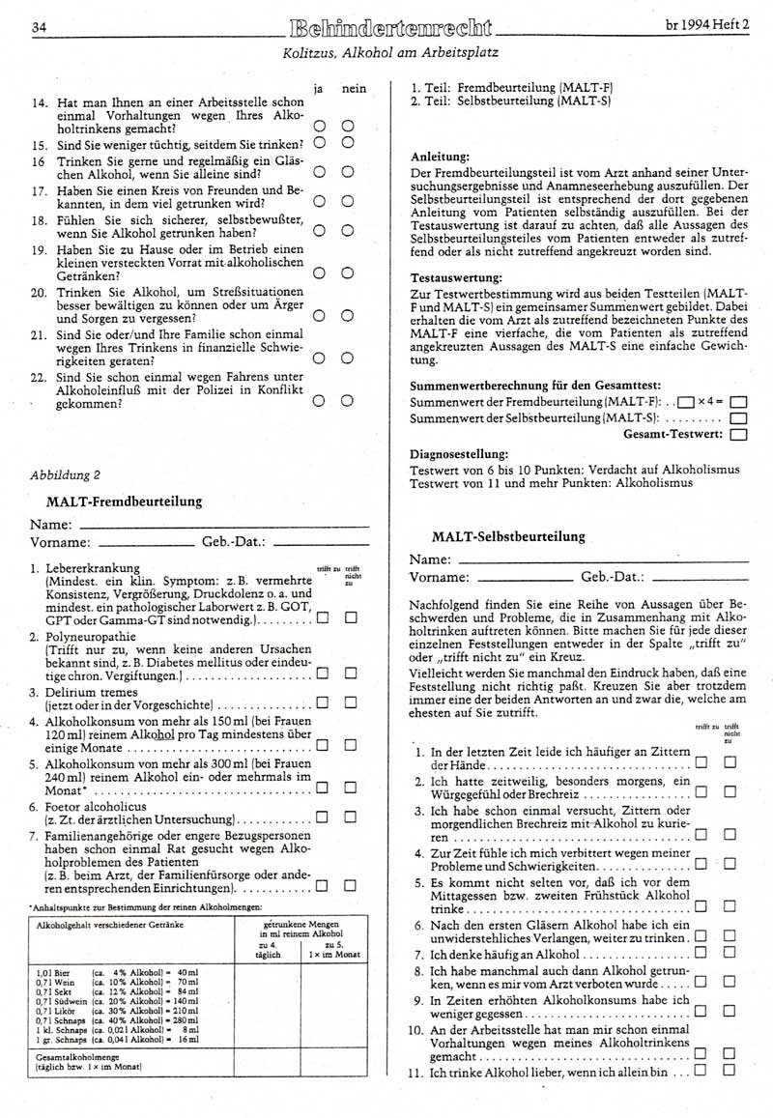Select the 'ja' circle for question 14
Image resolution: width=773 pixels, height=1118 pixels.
click(x=319, y=126)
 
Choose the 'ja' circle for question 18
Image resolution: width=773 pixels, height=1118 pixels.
click(x=319, y=230)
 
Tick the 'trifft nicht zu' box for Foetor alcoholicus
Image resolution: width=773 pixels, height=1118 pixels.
click(x=352, y=815)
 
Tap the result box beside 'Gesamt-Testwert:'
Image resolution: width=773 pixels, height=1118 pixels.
click(x=740, y=434)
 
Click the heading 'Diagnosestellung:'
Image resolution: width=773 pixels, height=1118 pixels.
click(x=458, y=452)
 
